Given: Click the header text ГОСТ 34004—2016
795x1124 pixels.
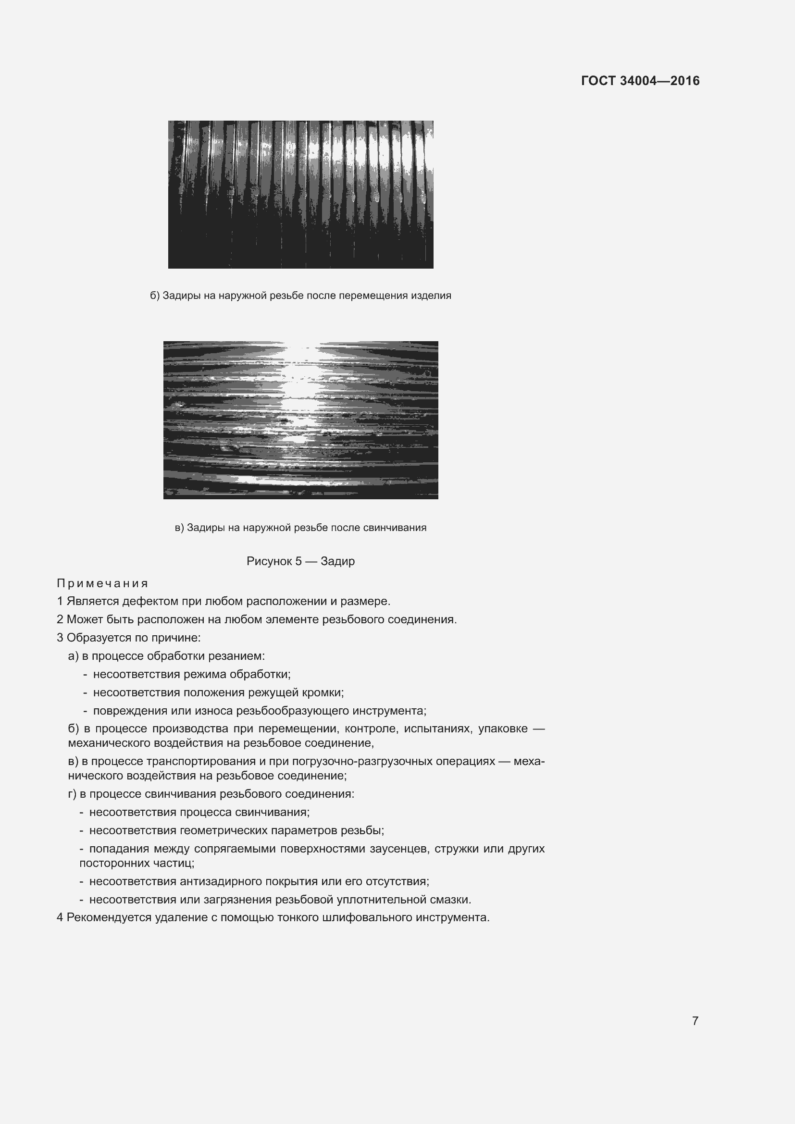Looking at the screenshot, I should click(640, 81).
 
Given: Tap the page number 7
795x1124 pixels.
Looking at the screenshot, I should click(695, 1020).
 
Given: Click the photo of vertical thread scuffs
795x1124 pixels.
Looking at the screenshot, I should click(300, 194).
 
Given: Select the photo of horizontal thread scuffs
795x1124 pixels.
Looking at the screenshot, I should click(300, 420).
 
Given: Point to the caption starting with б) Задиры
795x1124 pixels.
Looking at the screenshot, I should click(300, 296).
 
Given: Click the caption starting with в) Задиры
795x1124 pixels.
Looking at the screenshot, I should click(300, 528).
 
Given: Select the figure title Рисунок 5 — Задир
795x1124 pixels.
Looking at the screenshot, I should click(300, 561).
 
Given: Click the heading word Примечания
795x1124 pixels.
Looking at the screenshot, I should click(102, 583).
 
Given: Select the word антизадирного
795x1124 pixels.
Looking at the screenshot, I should click(221, 881).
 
